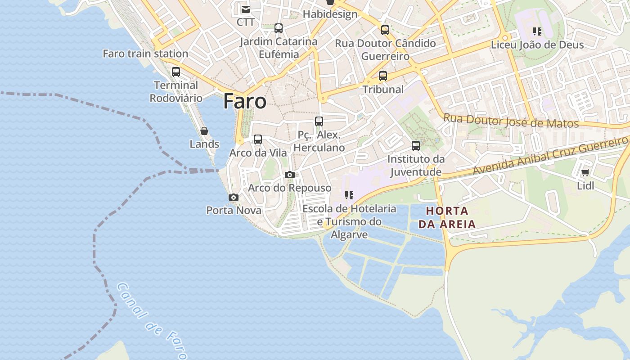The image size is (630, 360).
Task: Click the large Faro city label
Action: click(x=245, y=101)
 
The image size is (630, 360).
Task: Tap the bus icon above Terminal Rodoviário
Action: click(x=176, y=72)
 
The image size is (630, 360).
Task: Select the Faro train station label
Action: click(x=145, y=54)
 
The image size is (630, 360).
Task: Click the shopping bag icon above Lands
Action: click(x=204, y=131)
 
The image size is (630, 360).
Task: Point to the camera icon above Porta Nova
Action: click(x=233, y=197)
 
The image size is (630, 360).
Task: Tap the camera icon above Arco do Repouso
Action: click(x=290, y=175)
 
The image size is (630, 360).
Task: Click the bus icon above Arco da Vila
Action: click(x=258, y=139)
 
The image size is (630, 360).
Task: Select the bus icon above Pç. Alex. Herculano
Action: click(x=319, y=121)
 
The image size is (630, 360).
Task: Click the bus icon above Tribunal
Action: click(x=383, y=76)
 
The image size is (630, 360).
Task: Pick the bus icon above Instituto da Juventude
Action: click(x=416, y=146)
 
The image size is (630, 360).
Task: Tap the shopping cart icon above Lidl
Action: click(x=585, y=172)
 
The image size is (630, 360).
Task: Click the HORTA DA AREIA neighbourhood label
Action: click(x=447, y=217)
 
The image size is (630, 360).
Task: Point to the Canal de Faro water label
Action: click(x=152, y=321)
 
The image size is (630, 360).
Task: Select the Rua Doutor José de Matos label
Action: click(x=511, y=121)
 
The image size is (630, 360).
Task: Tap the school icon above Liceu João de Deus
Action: click(x=537, y=31)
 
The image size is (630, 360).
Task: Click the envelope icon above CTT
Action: click(x=245, y=9)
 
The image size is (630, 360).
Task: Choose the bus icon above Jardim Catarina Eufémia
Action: click(x=279, y=28)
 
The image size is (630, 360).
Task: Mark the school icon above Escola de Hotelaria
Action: click(x=349, y=195)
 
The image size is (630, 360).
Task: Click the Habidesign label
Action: click(x=330, y=14)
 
